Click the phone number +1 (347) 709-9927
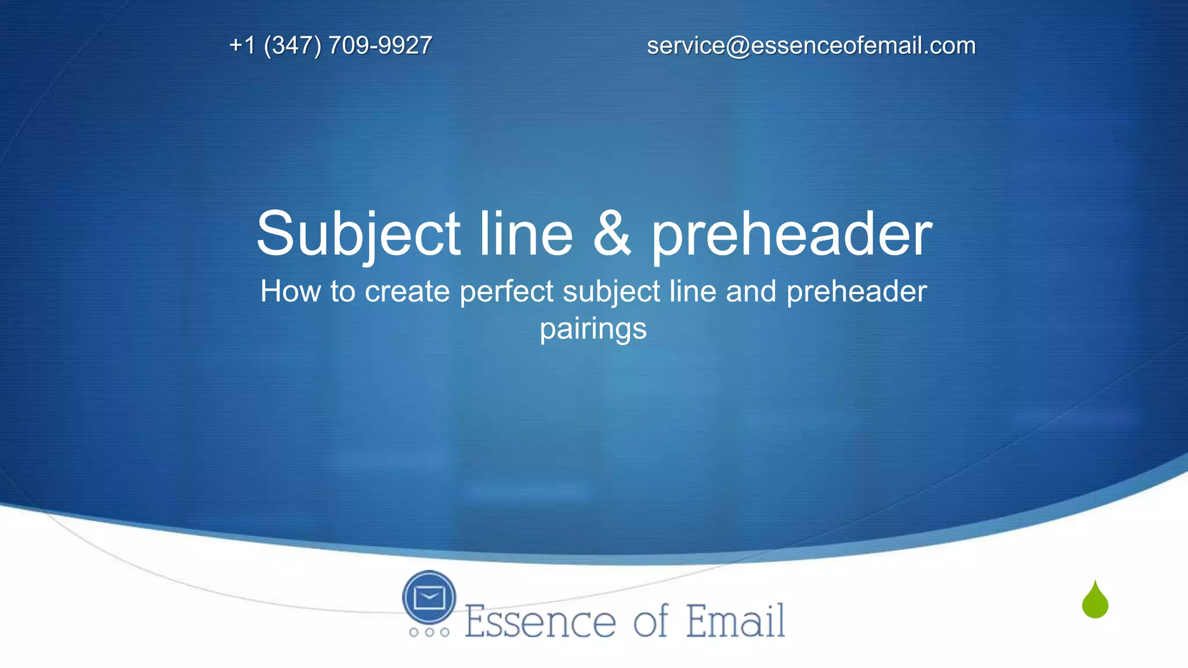coord(331,45)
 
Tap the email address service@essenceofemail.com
coord(811,45)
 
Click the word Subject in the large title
coord(358,234)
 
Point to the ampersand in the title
coord(611,233)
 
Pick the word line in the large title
coord(526,233)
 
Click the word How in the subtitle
coord(290,291)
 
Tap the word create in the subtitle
coord(407,292)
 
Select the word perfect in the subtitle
coord(506,291)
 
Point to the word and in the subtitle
coord(751,291)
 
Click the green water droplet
coord(1095,602)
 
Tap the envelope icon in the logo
coord(429,597)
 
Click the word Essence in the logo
coord(540,622)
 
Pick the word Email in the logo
coord(736,620)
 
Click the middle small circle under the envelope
coord(429,632)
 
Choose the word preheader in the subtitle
coord(856,291)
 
